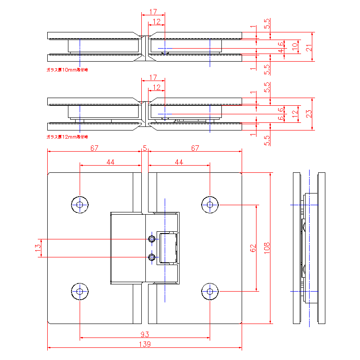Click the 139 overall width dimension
point(144,344)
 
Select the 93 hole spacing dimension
point(144,334)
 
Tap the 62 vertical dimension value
point(253,247)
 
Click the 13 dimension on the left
point(38,247)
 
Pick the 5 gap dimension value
point(145,148)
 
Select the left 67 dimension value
point(94,148)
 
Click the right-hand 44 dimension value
point(179,162)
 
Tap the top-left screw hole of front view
point(80,205)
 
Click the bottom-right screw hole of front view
point(210,292)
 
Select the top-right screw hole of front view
point(210,205)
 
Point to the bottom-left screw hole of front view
point(80,292)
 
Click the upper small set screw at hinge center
point(153,238)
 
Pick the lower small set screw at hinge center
point(153,257)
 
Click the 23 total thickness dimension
point(309,114)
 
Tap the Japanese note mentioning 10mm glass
point(67,70)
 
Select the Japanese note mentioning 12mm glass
point(67,136)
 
